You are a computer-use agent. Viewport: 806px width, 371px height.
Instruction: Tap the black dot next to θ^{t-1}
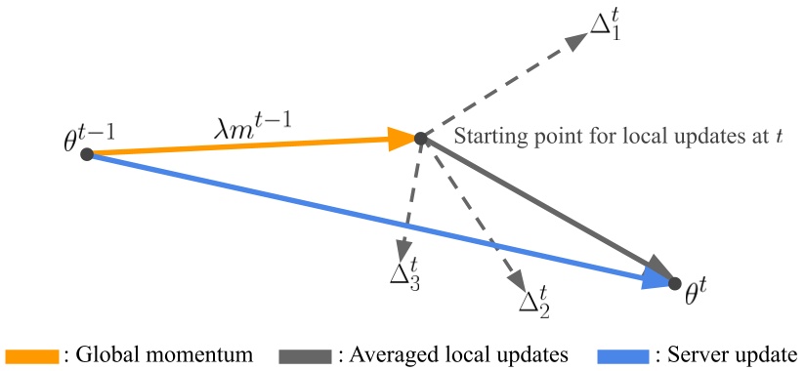tap(86, 154)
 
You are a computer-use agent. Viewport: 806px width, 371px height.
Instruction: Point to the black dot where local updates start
tap(420, 139)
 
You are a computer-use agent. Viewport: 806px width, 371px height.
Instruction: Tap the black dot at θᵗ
tap(674, 283)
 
